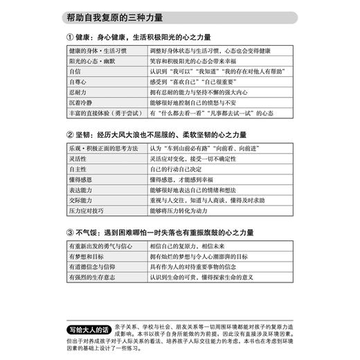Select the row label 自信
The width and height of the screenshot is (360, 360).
(75, 71)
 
